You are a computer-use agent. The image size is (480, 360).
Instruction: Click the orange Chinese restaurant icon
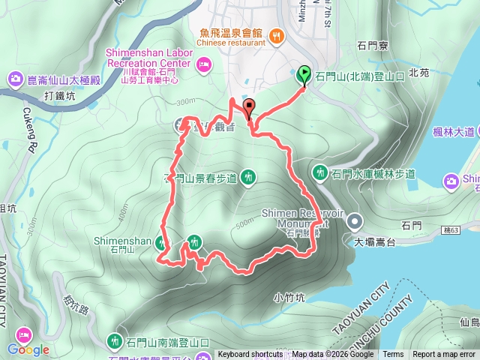[276, 34]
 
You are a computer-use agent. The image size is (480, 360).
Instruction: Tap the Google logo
[28, 349]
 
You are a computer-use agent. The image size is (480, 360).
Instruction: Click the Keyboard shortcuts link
[250, 355]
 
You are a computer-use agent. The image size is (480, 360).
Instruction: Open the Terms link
[393, 355]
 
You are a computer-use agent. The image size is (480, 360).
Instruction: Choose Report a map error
[444, 355]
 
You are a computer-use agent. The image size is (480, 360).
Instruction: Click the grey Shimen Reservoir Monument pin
[355, 220]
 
